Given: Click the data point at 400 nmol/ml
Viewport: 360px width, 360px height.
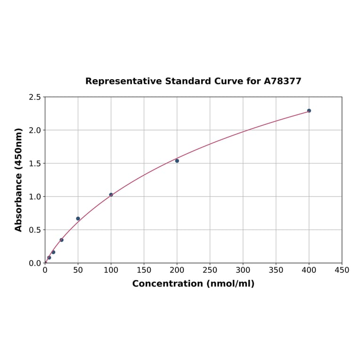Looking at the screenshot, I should pyautogui.click(x=309, y=111).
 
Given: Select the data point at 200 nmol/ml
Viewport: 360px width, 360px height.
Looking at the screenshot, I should pyautogui.click(x=177, y=161).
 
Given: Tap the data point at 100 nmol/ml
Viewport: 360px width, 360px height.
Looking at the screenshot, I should pyautogui.click(x=111, y=195).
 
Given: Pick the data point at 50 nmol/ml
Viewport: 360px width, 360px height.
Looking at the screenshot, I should pyautogui.click(x=78, y=219).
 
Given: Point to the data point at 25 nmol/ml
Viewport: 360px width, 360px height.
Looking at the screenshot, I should pyautogui.click(x=62, y=240).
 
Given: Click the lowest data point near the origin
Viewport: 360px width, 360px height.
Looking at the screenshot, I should pyautogui.click(x=49, y=258).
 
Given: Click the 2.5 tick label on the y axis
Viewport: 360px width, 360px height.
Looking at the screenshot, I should pyautogui.click(x=35, y=97).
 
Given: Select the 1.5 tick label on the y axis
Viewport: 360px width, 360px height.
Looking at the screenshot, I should pyautogui.click(x=35, y=164).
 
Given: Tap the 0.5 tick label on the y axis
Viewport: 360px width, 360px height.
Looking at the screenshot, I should pyautogui.click(x=35, y=230).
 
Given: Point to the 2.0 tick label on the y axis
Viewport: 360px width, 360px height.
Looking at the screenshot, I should pyautogui.click(x=35, y=130).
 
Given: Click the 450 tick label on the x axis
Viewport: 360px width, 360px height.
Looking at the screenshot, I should pyautogui.click(x=342, y=270).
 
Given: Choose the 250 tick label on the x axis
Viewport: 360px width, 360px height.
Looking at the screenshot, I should pyautogui.click(x=210, y=270).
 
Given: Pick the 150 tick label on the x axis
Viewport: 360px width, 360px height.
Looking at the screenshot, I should pyautogui.click(x=144, y=270).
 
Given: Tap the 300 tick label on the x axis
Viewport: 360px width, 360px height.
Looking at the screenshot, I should pyautogui.click(x=243, y=270).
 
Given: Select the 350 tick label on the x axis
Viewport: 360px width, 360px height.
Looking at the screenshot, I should pyautogui.click(x=276, y=270).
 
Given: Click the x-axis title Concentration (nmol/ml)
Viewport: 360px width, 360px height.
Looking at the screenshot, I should pyautogui.click(x=193, y=284).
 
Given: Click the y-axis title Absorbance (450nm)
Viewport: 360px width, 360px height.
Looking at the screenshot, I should pyautogui.click(x=19, y=180).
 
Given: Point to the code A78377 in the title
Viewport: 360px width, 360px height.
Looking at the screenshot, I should pyautogui.click(x=282, y=81).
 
